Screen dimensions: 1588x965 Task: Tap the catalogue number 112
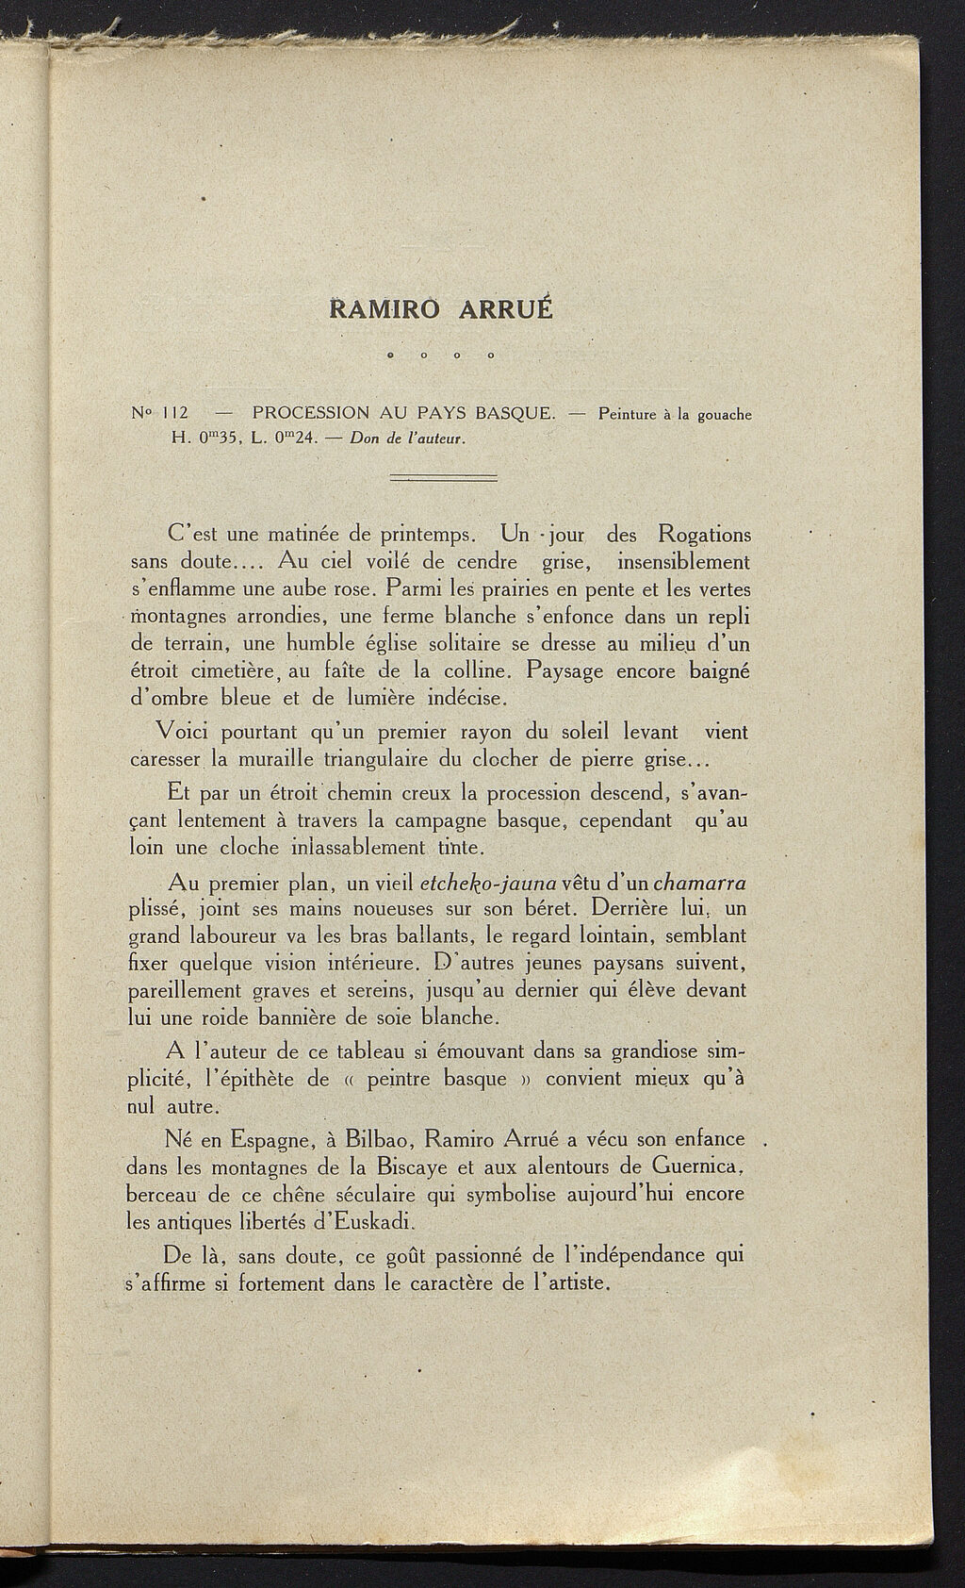coord(177,413)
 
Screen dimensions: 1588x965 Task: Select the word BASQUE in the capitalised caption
coord(515,413)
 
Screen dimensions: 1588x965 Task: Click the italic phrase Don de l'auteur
coord(408,438)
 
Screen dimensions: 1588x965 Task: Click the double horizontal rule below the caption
coord(443,479)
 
